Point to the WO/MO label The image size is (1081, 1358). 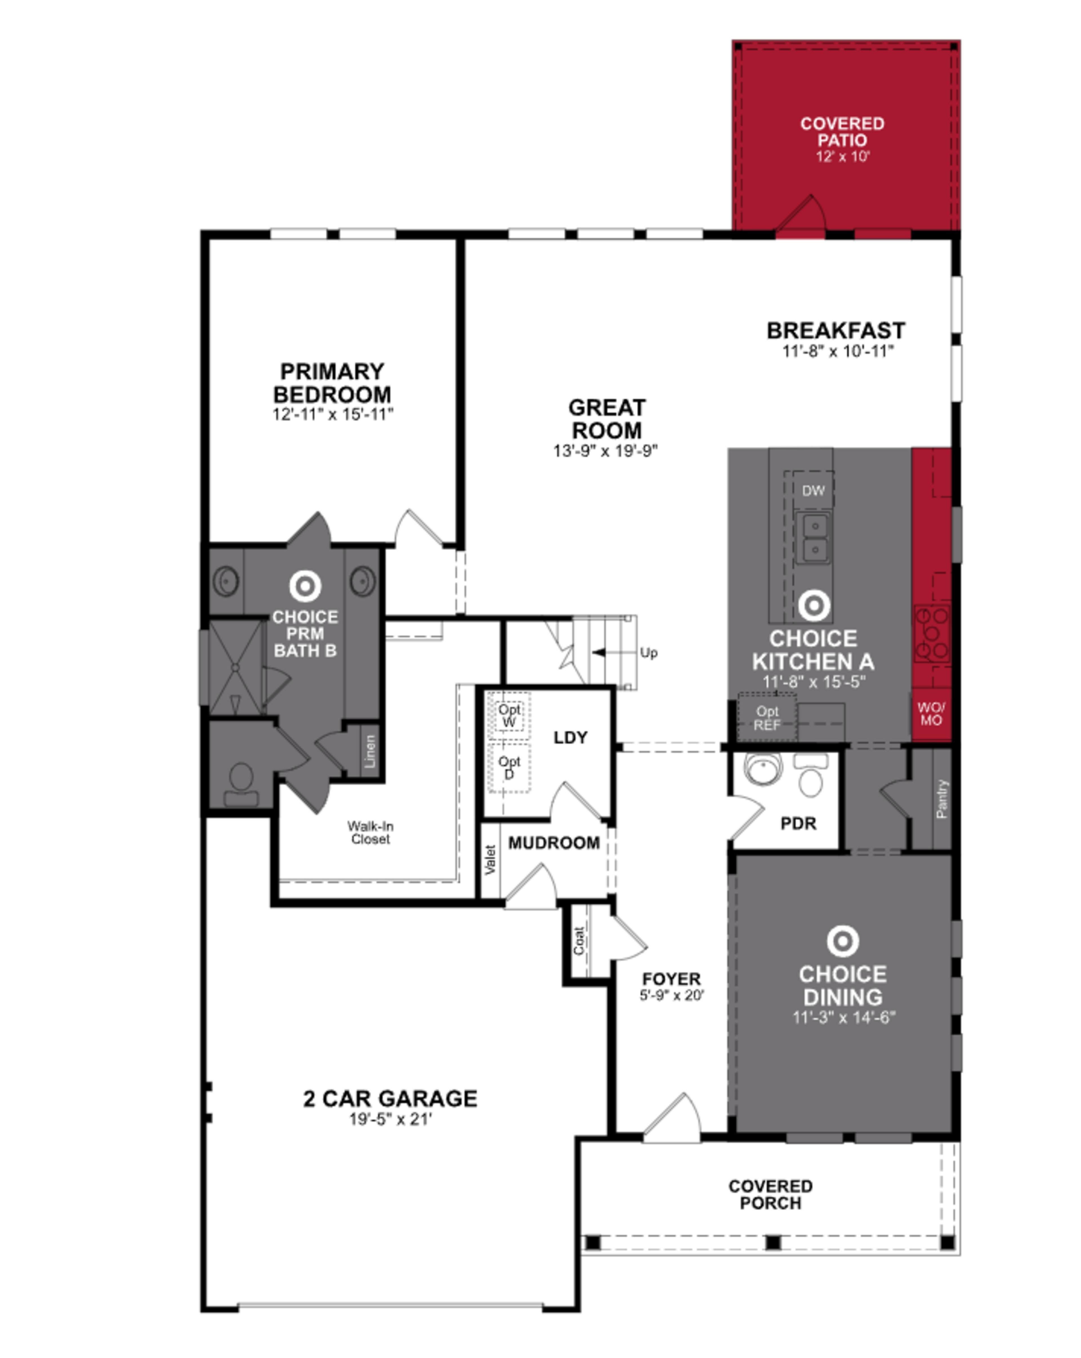coord(930,714)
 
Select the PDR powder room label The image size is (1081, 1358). coord(798,823)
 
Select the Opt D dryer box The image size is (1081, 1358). coord(509,767)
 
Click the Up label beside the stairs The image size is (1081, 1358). coord(648,653)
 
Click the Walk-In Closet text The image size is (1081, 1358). coord(370,832)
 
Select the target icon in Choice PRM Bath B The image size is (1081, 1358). coord(305,586)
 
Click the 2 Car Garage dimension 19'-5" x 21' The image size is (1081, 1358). coord(390,1119)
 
